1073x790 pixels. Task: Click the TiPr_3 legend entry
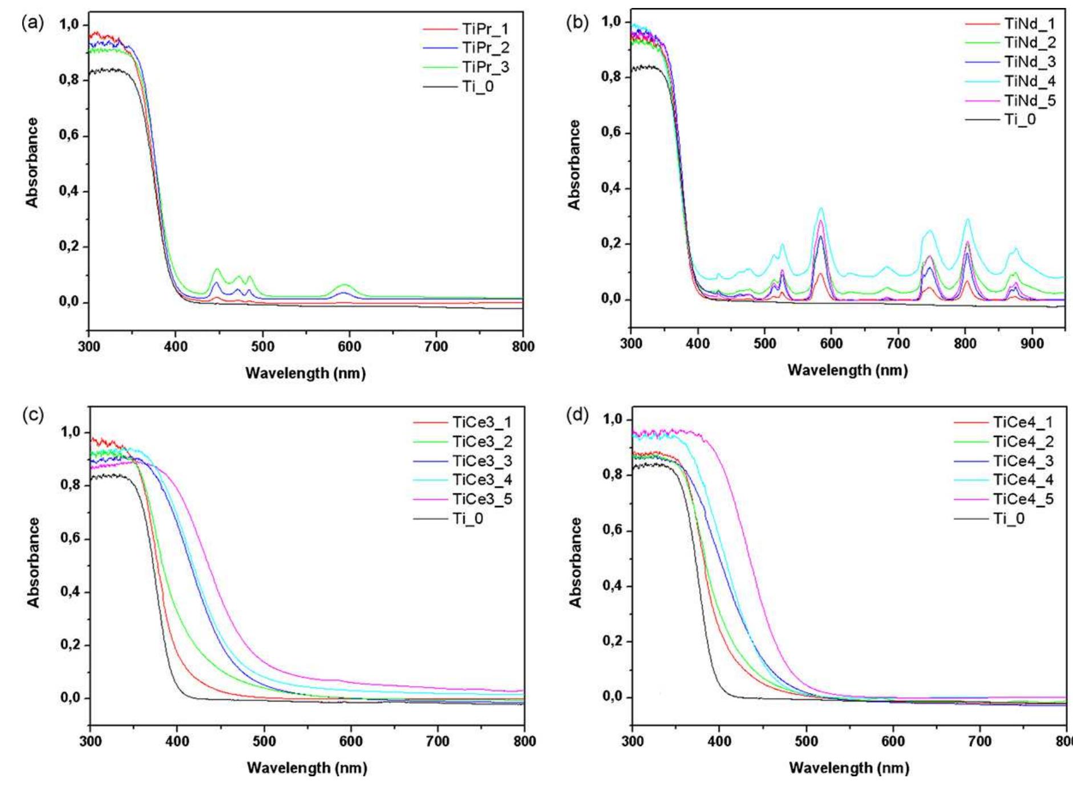(485, 67)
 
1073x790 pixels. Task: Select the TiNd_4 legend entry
(1030, 81)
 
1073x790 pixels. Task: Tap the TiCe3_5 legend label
(482, 499)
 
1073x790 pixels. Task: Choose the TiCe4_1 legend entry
(1023, 422)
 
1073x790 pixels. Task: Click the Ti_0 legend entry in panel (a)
(477, 86)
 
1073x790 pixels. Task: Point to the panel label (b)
(577, 23)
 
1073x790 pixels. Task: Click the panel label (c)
(33, 415)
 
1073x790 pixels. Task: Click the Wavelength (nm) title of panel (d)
(848, 768)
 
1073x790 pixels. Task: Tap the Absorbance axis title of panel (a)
(32, 163)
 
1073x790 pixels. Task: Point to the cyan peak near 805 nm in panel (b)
(967, 219)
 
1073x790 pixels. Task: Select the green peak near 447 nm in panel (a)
(217, 269)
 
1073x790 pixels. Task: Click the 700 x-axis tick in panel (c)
(438, 741)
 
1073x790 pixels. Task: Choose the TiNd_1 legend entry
(1030, 23)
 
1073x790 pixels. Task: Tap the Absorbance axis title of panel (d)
(575, 562)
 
